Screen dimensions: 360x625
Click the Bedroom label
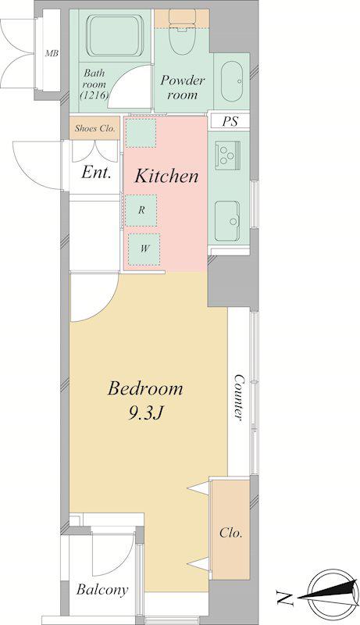pos(145,388)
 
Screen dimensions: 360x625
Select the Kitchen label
pos(166,176)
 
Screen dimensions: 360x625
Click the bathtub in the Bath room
pos(115,35)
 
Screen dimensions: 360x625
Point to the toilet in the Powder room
pos(182,30)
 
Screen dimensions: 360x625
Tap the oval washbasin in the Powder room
pos(232,81)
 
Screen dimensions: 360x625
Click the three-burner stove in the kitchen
pos(227,152)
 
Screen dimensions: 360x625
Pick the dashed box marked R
pos(141,210)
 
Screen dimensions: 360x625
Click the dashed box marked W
pos(144,249)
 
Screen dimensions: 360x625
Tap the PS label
pos(230,121)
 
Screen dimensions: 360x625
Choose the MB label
pos(52,53)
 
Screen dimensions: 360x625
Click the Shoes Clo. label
pos(94,129)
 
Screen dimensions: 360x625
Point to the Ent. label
pos(96,173)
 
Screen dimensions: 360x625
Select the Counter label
pos(238,397)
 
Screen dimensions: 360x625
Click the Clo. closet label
pos(231,533)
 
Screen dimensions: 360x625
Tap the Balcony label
pos(102,590)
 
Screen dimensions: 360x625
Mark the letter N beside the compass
pos(284,598)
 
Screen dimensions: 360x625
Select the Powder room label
pos(183,87)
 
